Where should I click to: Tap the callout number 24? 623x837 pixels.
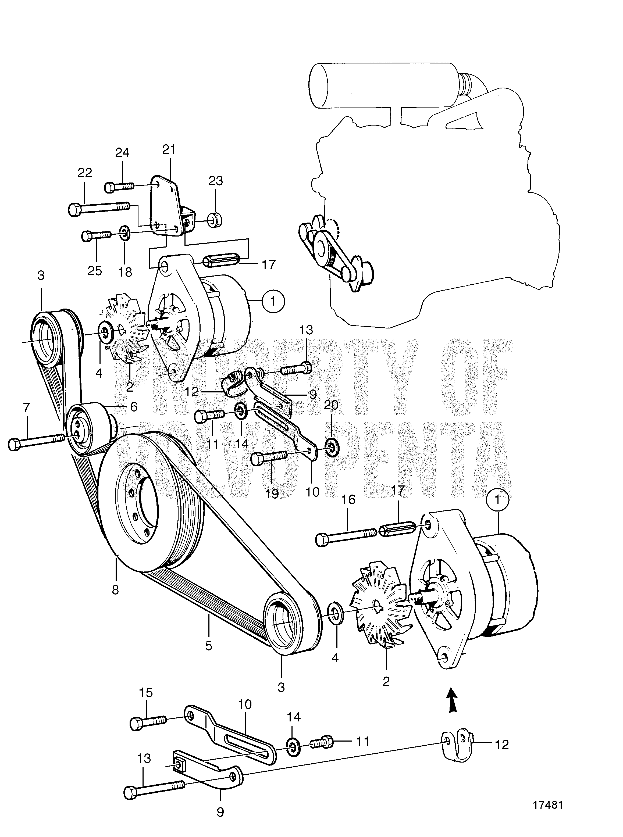pyautogui.click(x=122, y=153)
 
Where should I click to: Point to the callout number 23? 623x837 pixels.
pyautogui.click(x=215, y=181)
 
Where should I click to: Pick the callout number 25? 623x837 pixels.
pyautogui.click(x=95, y=271)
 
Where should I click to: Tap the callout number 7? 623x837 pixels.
pyautogui.click(x=26, y=407)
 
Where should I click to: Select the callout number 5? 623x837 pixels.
pyautogui.click(x=209, y=646)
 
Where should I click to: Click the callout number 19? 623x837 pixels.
pyautogui.click(x=272, y=493)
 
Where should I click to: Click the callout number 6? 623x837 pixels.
pyautogui.click(x=134, y=406)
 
